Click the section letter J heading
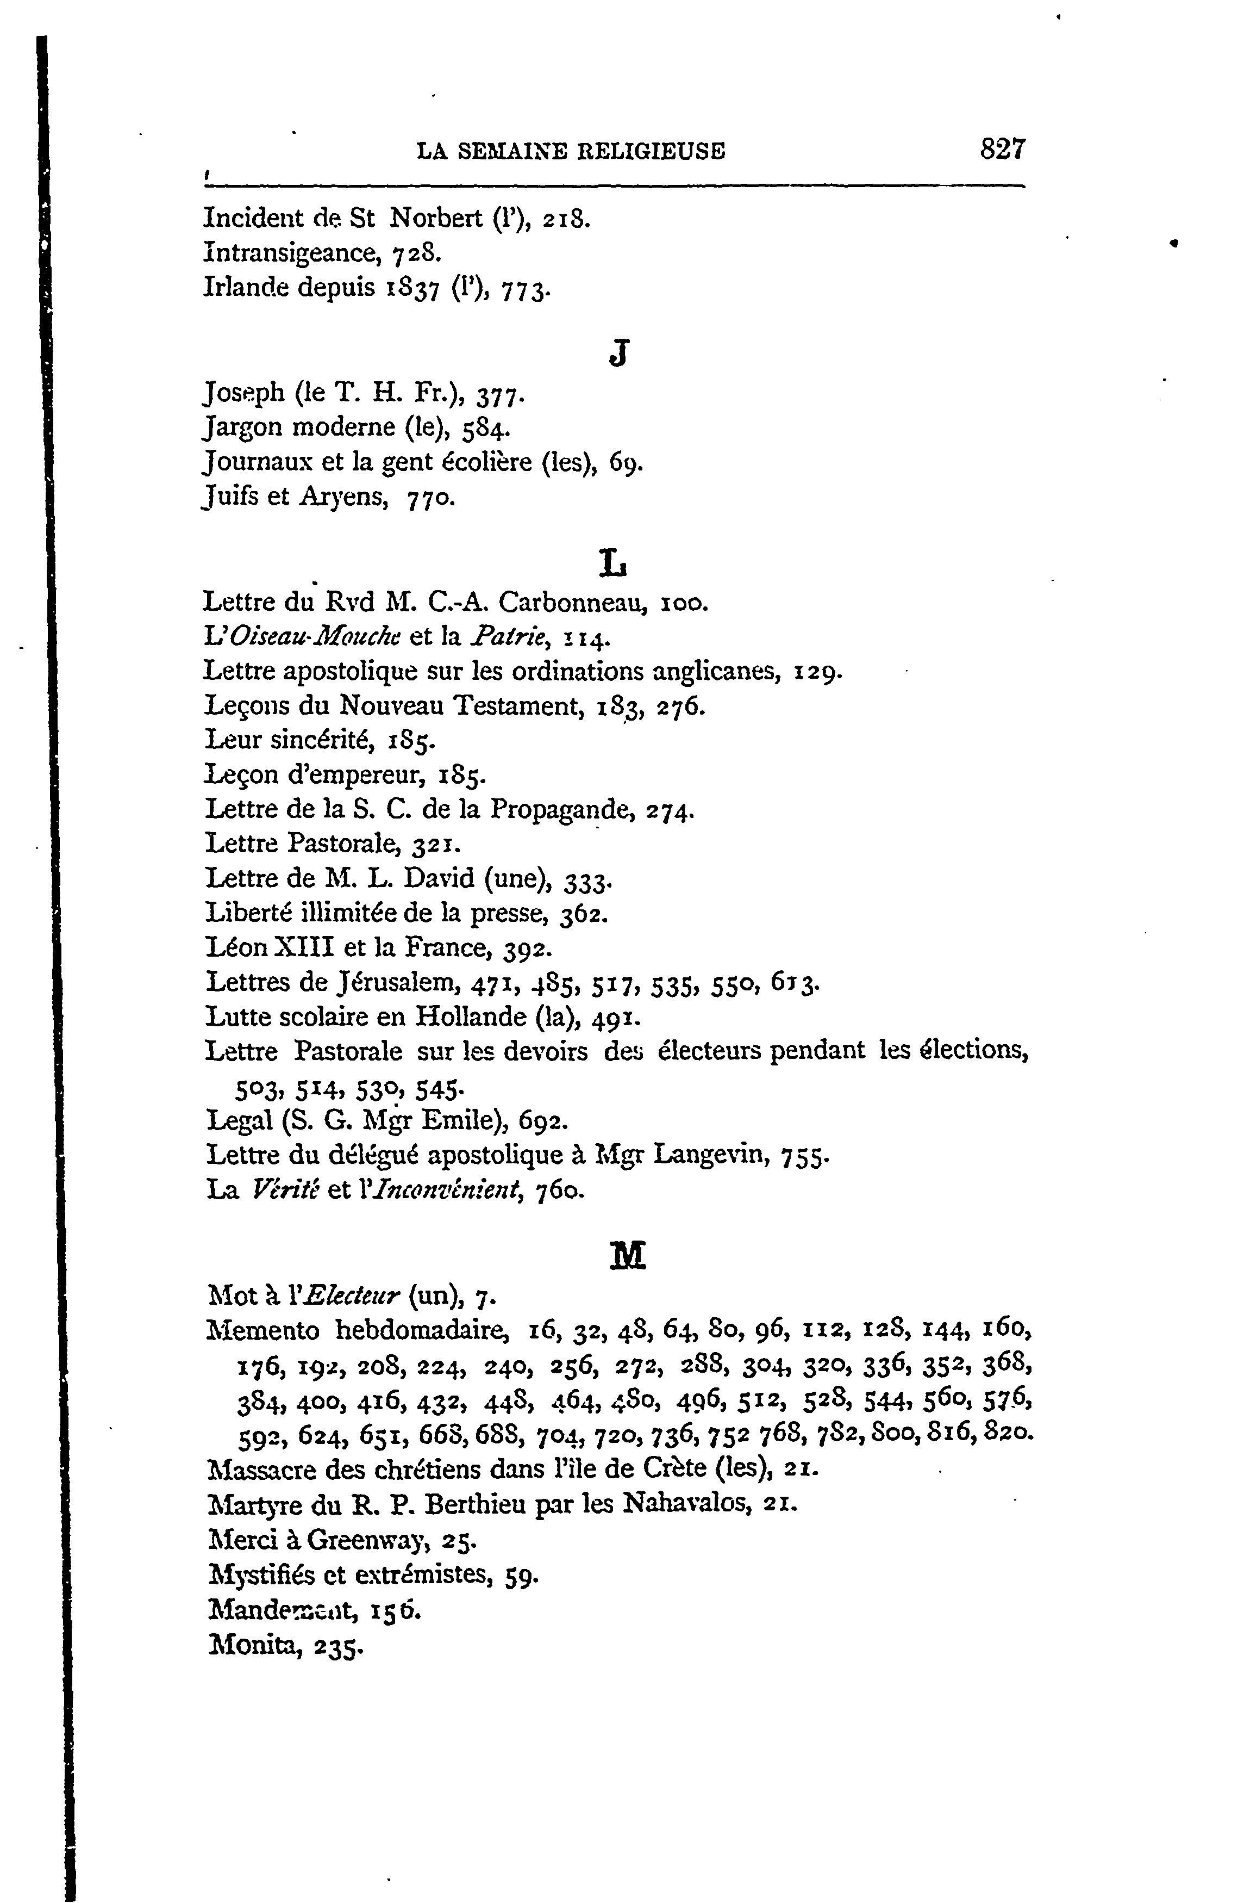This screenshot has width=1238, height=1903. pyautogui.click(x=617, y=352)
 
